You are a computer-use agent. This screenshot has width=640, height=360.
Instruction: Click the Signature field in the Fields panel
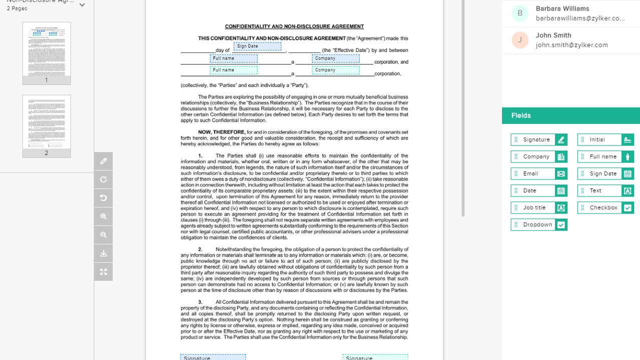tap(538, 140)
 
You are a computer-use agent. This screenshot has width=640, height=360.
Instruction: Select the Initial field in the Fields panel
tap(605, 140)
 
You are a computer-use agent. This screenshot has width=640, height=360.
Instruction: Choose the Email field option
tap(538, 174)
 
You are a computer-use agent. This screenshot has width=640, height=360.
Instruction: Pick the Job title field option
tap(538, 208)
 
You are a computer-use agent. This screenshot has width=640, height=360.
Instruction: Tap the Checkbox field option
tap(605, 208)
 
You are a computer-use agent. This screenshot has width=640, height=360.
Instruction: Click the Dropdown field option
tap(538, 225)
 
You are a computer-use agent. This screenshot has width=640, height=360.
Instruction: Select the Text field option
tap(605, 191)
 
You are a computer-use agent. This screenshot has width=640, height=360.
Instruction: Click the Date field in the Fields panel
tap(538, 191)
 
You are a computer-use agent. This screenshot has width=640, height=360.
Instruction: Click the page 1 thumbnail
tap(47, 49)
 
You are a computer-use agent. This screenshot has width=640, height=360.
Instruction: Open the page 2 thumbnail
tap(47, 122)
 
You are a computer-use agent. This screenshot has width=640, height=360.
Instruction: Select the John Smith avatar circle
tap(520, 40)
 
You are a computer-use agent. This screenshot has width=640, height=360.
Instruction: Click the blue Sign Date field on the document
tap(257, 46)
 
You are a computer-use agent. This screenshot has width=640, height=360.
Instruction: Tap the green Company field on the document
tap(335, 70)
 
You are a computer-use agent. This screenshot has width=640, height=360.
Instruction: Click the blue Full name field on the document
tap(234, 58)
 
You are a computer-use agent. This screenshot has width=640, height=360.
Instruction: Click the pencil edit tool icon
tap(104, 161)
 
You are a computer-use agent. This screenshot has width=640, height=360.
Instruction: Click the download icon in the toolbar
tap(104, 253)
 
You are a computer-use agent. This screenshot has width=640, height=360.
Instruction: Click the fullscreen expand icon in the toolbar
tap(104, 272)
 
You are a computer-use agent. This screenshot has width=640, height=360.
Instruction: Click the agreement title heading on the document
tap(294, 26)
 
